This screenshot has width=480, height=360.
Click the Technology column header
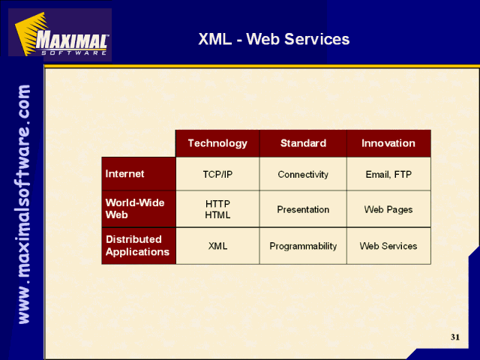tap(217, 143)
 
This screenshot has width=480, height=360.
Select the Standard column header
tap(303, 143)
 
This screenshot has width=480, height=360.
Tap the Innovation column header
tap(388, 143)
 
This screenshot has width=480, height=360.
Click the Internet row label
tap(139, 174)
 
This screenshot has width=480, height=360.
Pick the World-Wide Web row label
tap(139, 209)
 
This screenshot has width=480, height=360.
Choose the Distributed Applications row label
tap(139, 246)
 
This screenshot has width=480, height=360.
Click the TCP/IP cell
tap(217, 174)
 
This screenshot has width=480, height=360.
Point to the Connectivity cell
tap(303, 174)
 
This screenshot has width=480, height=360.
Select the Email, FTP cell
tap(388, 174)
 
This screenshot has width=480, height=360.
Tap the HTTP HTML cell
tap(217, 209)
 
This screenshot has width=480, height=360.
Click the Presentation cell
tap(303, 209)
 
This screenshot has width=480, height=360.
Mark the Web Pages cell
tap(388, 209)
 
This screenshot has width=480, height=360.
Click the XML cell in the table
tap(217, 246)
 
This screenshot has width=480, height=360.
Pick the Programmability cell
tap(303, 246)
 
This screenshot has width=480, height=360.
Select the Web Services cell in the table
tap(388, 246)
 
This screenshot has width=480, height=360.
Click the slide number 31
tap(455, 337)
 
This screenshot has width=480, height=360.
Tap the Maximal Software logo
tap(60, 34)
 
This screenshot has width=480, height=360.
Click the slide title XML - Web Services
tap(274, 39)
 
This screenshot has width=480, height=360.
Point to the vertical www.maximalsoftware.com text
tap(24, 204)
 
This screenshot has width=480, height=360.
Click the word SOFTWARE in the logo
tap(74, 52)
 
